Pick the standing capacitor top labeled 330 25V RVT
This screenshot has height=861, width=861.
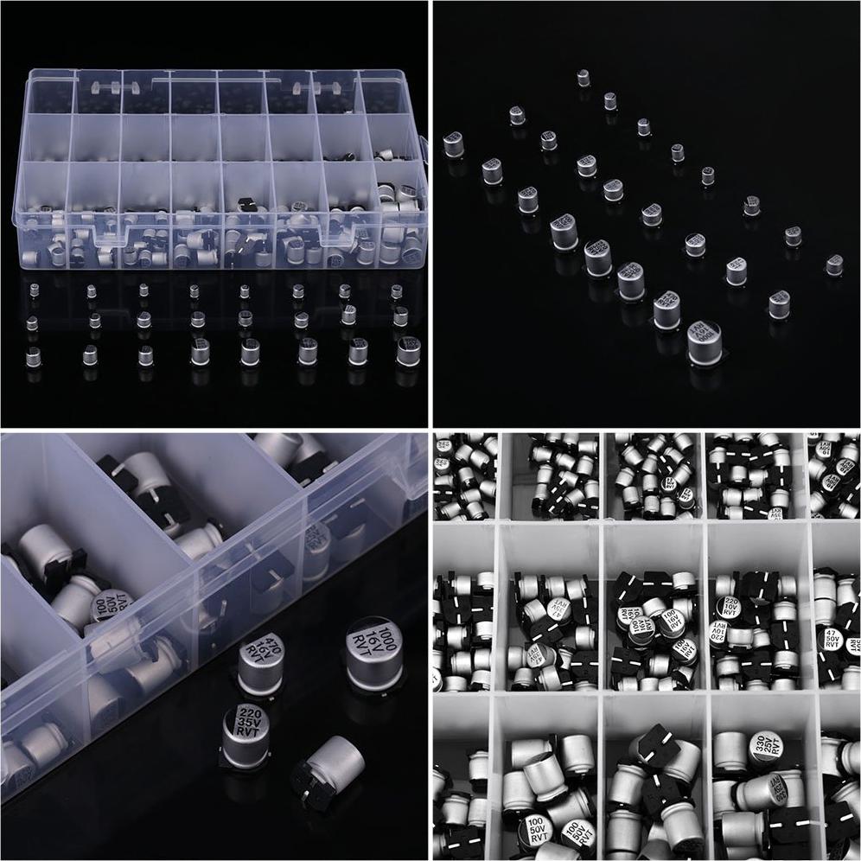[x=765, y=745]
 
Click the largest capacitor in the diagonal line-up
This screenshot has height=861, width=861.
[x=704, y=342]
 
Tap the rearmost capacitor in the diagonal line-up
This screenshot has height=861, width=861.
[x=584, y=78]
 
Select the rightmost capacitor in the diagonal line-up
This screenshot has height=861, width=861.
[x=833, y=265]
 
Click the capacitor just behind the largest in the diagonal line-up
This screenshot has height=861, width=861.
[x=666, y=309]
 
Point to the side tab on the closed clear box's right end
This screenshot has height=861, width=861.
[x=424, y=147]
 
